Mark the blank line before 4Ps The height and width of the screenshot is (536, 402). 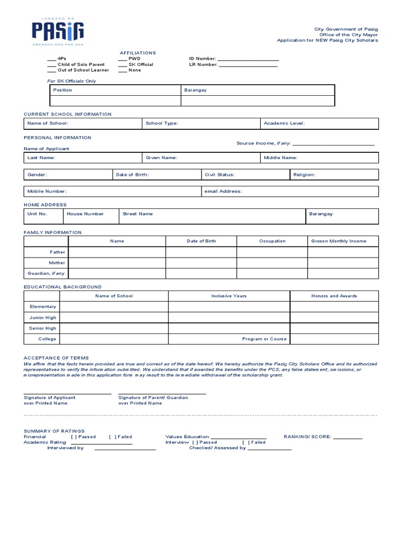(51, 59)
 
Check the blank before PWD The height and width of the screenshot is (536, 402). (122, 59)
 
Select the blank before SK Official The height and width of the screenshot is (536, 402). (122, 65)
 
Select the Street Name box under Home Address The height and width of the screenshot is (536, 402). (212, 216)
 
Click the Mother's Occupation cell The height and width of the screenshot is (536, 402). (272, 263)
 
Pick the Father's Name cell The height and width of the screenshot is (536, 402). (117, 252)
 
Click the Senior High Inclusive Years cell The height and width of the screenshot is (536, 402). (229, 328)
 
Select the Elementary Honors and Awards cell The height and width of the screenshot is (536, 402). (334, 307)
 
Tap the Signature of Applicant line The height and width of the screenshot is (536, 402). (67, 393)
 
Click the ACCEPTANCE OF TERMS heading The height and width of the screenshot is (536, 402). (56, 358)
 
